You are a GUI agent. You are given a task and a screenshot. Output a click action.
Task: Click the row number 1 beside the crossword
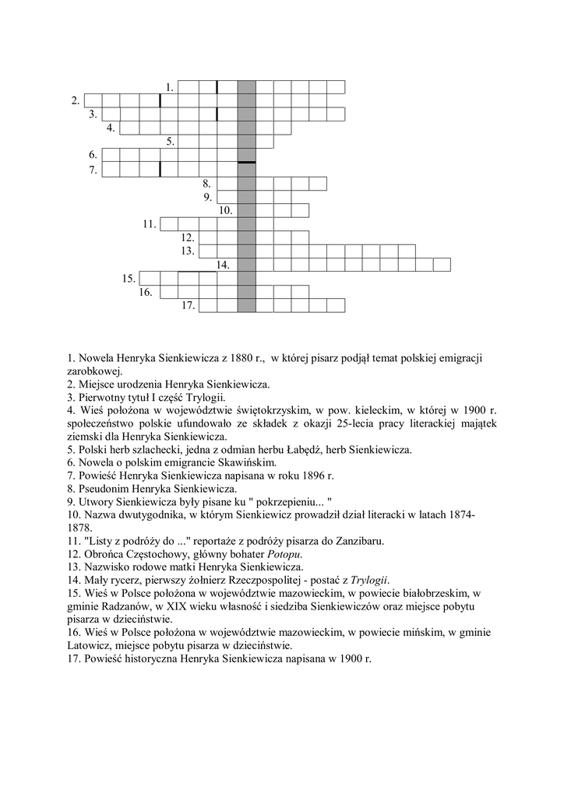coord(169,86)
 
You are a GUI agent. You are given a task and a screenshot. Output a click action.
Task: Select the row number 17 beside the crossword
coord(188,306)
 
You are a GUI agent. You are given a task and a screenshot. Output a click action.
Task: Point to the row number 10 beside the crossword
coord(225,210)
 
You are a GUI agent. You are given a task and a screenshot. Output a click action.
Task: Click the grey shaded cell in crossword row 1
coord(246,86)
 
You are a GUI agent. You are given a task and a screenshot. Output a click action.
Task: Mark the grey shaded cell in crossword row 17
coord(246,306)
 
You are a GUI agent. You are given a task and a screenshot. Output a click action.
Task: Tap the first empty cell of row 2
coord(93,100)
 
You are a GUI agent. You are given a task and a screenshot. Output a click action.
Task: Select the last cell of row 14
coord(442,265)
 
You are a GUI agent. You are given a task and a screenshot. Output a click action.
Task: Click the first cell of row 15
coord(148,278)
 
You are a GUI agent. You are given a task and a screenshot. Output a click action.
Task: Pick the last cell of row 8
coord(317,184)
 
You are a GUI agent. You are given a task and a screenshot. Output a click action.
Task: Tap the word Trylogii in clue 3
coord(204,398)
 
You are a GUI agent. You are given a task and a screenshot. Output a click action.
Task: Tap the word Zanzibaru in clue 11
coord(351,541)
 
